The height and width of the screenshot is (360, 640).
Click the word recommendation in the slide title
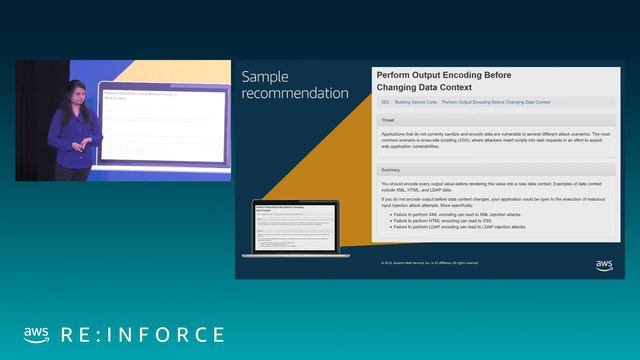(296, 93)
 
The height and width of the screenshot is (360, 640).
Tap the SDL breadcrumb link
(385, 102)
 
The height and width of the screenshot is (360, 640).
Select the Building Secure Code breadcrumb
(415, 102)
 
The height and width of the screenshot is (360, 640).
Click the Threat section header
(387, 120)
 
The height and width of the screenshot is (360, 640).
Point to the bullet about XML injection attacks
(459, 215)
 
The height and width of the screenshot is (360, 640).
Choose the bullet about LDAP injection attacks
(461, 227)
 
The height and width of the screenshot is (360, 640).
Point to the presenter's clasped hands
(92, 142)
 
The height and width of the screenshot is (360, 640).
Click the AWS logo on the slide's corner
(604, 265)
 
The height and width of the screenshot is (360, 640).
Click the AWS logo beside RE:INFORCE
(37, 334)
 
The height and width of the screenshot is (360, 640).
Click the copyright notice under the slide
(430, 263)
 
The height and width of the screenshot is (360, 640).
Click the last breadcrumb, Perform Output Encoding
(496, 102)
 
